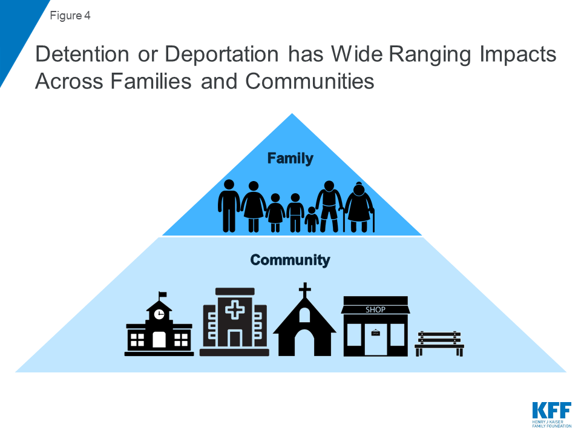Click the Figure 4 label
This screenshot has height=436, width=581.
click(70, 16)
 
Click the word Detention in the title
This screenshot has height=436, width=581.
click(82, 54)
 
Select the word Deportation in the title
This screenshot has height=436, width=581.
click(222, 54)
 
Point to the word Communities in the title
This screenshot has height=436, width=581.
click(310, 81)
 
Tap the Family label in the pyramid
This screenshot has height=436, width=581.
click(290, 159)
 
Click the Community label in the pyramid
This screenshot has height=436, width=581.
click(290, 260)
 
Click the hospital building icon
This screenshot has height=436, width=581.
click(235, 322)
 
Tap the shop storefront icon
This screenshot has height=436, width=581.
click(375, 326)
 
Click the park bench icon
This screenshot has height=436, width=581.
click(439, 344)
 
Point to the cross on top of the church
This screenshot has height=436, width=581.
click(304, 290)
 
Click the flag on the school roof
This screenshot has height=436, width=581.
click(162, 295)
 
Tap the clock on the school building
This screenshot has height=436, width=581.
click(159, 314)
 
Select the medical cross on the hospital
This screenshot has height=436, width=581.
click(235, 309)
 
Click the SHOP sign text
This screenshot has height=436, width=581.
click(375, 309)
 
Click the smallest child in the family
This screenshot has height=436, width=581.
click(312, 219)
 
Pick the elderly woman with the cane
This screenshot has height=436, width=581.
click(359, 207)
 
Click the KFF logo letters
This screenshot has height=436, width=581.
click(552, 410)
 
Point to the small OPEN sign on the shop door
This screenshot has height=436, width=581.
click(375, 333)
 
